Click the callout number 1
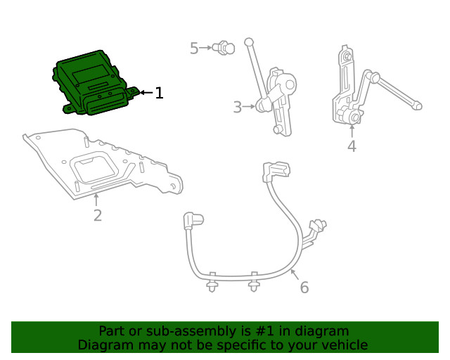[x=159, y=93]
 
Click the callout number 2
[x=97, y=215]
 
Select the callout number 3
[x=238, y=107]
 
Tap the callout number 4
[x=352, y=146]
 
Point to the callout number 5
[x=195, y=48]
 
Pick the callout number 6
[x=304, y=287]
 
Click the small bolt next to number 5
[x=225, y=48]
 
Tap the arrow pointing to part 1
[x=146, y=92]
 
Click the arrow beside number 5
[x=208, y=48]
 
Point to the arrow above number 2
[x=97, y=198]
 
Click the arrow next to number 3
[x=250, y=107]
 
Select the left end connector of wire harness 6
[x=191, y=221]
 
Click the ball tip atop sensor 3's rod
[x=248, y=42]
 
